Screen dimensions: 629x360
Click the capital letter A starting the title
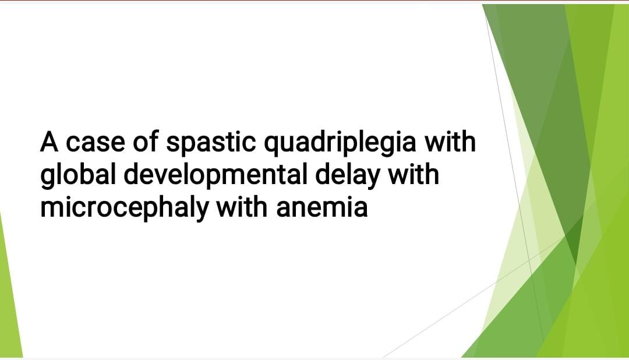(49, 142)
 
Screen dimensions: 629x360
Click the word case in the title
(95, 143)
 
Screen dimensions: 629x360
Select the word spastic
(211, 143)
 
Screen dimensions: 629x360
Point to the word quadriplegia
(340, 143)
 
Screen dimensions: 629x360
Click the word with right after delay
(413, 174)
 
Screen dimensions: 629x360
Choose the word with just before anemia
(242, 207)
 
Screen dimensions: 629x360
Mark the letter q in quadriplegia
(271, 147)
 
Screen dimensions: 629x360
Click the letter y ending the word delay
(372, 180)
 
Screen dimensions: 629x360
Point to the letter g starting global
(48, 180)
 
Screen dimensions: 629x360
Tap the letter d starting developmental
(132, 174)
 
